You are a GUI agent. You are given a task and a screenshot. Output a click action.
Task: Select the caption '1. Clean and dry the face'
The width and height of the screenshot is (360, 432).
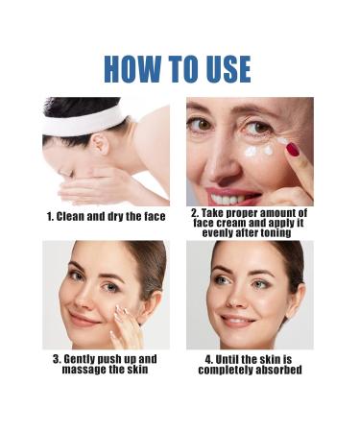[x=107, y=217]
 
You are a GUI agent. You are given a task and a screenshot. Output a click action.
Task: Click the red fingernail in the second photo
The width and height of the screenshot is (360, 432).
[x=292, y=149]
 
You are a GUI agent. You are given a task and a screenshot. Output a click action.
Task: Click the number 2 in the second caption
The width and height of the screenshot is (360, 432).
[x=194, y=212]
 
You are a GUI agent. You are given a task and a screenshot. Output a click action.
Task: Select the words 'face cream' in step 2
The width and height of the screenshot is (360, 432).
[x=223, y=223]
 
